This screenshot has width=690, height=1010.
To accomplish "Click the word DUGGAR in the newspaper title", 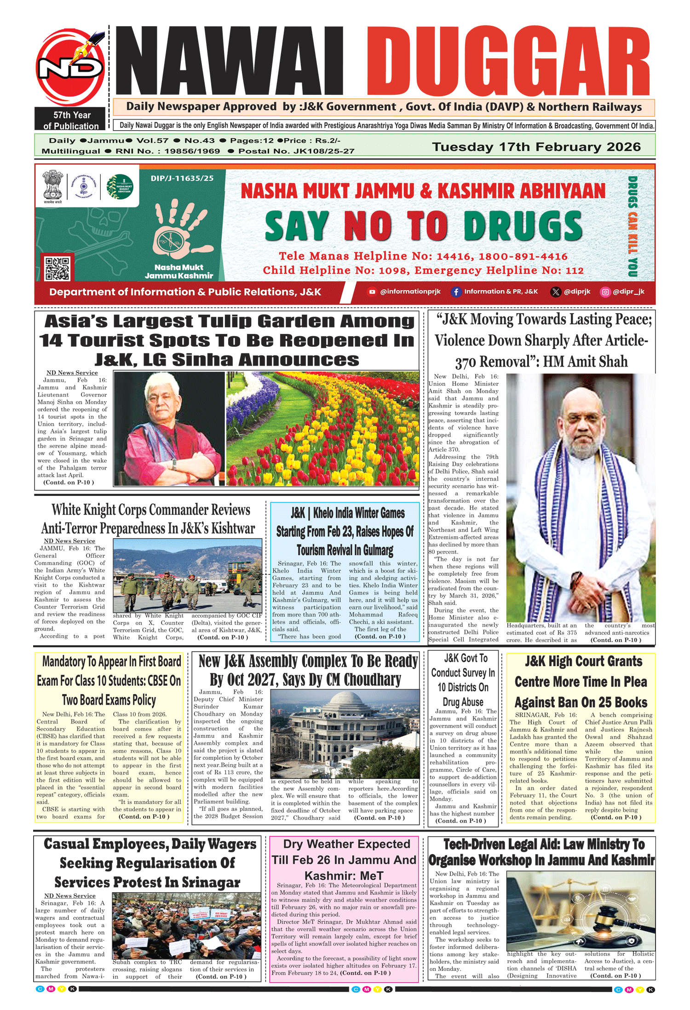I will click(x=508, y=61).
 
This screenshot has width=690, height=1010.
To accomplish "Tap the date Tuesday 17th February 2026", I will click(x=536, y=147).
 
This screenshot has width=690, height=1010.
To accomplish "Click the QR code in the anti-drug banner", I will click(x=57, y=268).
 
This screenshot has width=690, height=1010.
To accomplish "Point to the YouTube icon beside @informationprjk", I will click(x=372, y=292).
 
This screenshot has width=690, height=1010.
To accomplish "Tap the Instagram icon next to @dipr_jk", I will click(x=605, y=292).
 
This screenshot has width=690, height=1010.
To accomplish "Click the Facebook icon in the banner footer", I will click(x=455, y=292).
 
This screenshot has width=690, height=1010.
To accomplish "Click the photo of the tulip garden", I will click(x=322, y=428).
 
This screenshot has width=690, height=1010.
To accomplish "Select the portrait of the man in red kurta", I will click(x=169, y=428).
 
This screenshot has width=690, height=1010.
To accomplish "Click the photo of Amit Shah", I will click(x=580, y=497).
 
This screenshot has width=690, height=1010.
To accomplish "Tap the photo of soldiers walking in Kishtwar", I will click(x=187, y=575).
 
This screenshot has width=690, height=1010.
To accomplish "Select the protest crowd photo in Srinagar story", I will click(x=186, y=925).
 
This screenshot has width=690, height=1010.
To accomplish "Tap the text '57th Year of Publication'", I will click(x=71, y=121).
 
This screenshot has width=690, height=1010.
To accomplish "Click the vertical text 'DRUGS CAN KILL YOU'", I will click(x=633, y=226).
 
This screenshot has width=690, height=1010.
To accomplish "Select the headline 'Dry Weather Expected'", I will click(x=346, y=844).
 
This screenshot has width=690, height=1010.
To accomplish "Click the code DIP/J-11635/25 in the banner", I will click(x=182, y=178).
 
